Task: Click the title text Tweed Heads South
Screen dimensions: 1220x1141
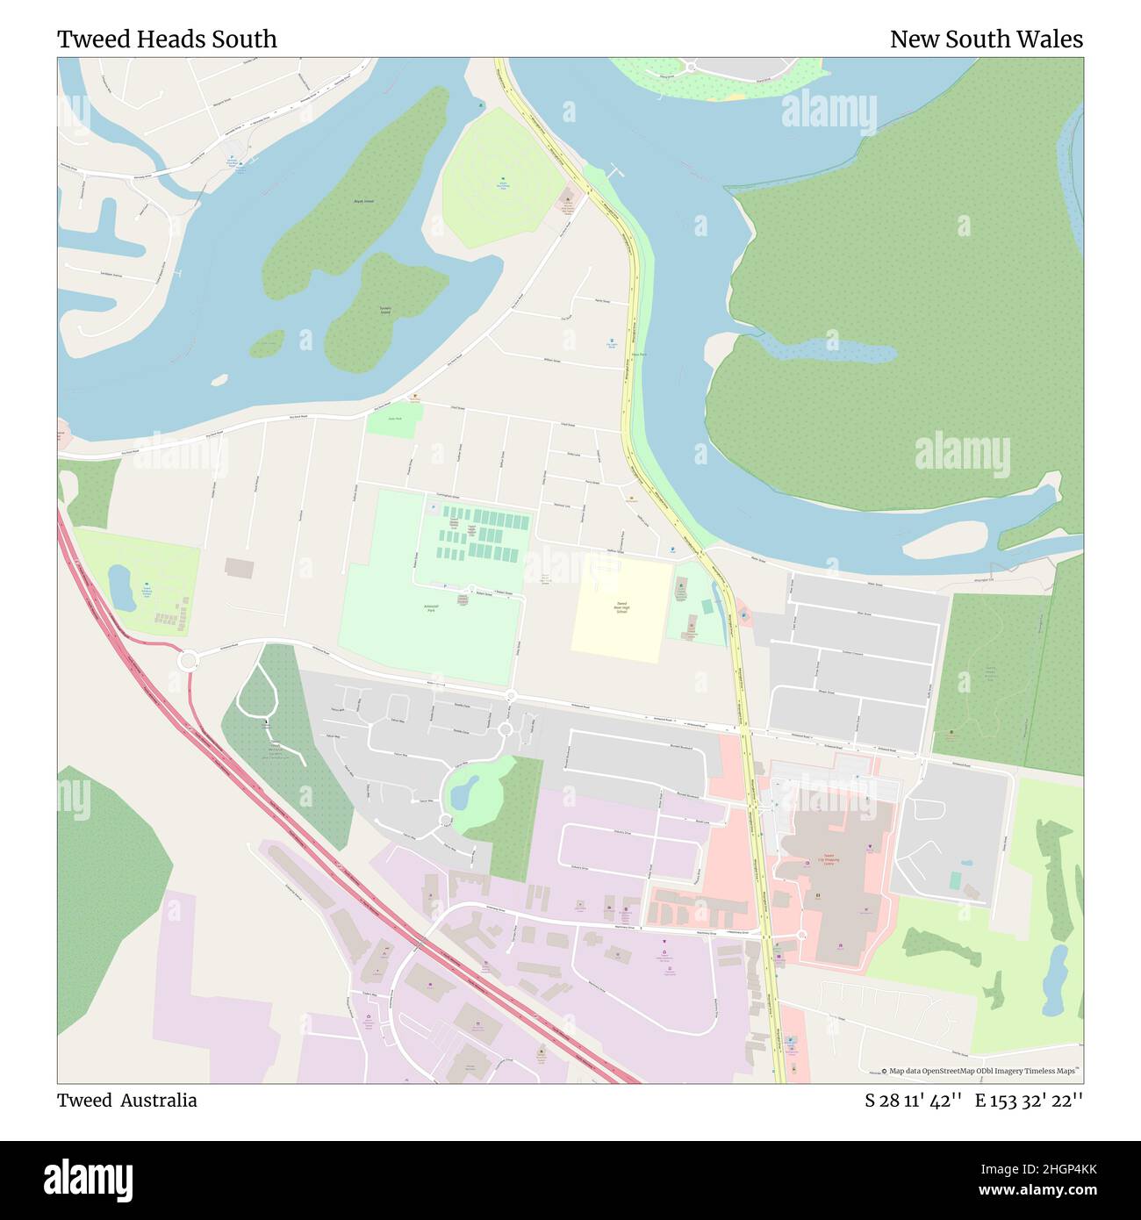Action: (x=167, y=39)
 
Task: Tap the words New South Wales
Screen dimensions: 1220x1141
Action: (x=986, y=39)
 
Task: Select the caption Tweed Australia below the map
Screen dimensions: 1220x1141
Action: (x=127, y=1101)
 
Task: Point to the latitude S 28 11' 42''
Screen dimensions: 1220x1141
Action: (x=914, y=1101)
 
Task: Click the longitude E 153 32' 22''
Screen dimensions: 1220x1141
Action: (x=1029, y=1101)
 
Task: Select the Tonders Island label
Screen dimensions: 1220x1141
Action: (x=384, y=311)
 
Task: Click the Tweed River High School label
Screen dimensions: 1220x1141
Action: (x=621, y=606)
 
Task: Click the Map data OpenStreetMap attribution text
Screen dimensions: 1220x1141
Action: (x=980, y=1071)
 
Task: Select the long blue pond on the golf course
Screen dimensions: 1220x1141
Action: (x=1054, y=979)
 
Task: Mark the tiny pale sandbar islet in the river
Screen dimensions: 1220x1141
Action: (x=220, y=380)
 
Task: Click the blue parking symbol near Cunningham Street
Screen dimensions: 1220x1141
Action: (x=433, y=508)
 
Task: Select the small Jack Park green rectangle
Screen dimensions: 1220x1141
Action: (x=394, y=419)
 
